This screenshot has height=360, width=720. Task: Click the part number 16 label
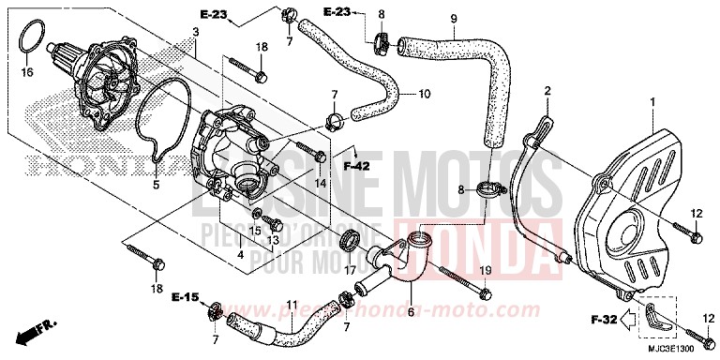pyautogui.click(x=27, y=71)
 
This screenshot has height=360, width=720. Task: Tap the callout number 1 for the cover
pyautogui.click(x=653, y=101)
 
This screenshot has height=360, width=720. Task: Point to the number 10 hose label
pyautogui.click(x=424, y=94)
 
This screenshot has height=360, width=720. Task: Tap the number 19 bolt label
pyautogui.click(x=486, y=271)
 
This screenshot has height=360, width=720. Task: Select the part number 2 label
pyautogui.click(x=547, y=91)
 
